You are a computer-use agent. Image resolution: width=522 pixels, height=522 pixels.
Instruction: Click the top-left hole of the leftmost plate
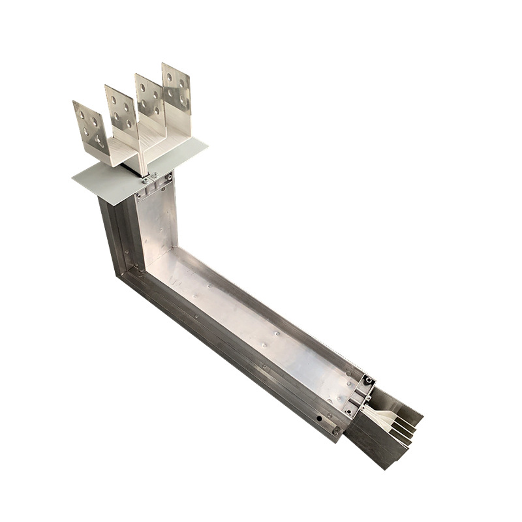click(82, 115)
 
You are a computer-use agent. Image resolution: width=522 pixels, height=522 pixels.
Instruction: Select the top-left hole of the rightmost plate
click(169, 77)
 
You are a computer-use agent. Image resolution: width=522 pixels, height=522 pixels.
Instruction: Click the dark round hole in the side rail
click(319, 418)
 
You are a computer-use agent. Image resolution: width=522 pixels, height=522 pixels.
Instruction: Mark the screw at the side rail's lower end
click(335, 431)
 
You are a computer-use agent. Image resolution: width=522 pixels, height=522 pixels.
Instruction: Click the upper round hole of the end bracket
click(369, 380)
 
